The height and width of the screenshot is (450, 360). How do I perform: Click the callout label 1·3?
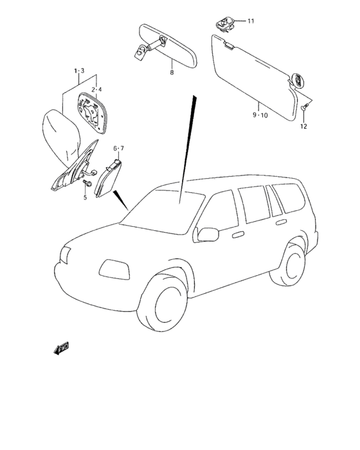(x=79, y=70)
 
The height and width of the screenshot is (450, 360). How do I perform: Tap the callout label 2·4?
(x=96, y=89)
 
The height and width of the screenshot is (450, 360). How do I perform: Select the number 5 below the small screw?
(x=84, y=197)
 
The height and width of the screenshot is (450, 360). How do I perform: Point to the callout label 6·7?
(x=119, y=148)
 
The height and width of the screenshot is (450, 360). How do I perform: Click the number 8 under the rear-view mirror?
(x=172, y=73)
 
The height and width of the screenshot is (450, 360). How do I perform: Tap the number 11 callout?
(x=251, y=21)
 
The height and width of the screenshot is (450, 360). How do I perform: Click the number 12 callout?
(x=303, y=126)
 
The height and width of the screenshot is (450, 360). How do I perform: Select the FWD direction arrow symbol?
(x=62, y=349)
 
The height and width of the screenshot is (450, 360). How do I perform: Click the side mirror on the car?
(x=208, y=233)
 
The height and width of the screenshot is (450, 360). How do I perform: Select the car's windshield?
(x=163, y=212)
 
